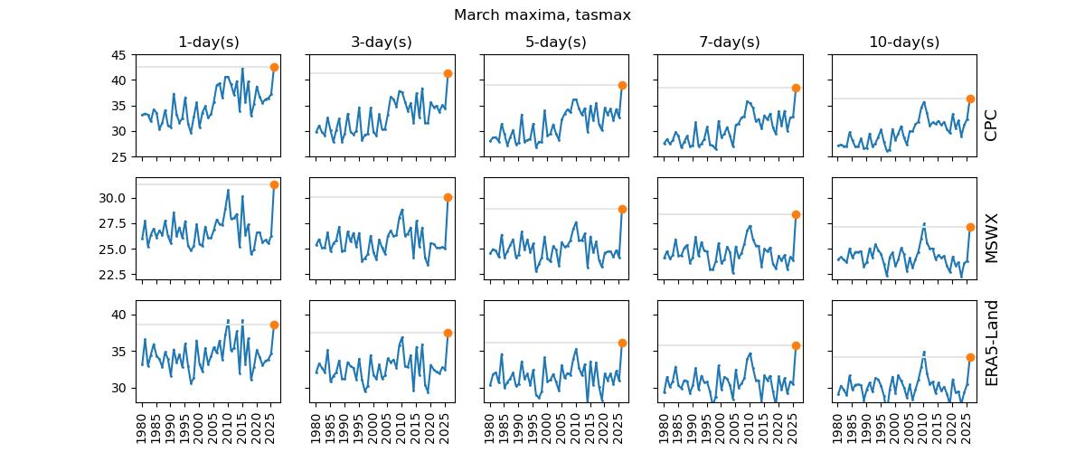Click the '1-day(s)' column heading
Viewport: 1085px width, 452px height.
(208, 42)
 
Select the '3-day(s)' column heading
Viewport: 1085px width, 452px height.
(382, 42)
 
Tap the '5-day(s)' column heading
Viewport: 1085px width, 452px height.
(555, 42)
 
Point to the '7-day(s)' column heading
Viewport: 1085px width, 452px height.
(729, 42)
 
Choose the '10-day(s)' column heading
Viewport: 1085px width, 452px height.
(902, 42)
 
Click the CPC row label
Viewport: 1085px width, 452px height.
(991, 125)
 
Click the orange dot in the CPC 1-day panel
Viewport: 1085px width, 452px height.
(274, 67)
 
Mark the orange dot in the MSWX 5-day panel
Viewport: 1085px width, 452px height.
(622, 209)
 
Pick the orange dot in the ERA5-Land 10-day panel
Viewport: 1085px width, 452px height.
(970, 357)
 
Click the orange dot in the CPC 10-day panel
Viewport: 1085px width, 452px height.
(970, 99)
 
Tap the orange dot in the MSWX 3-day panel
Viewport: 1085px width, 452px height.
(448, 197)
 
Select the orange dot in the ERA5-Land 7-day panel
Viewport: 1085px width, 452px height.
(796, 345)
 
